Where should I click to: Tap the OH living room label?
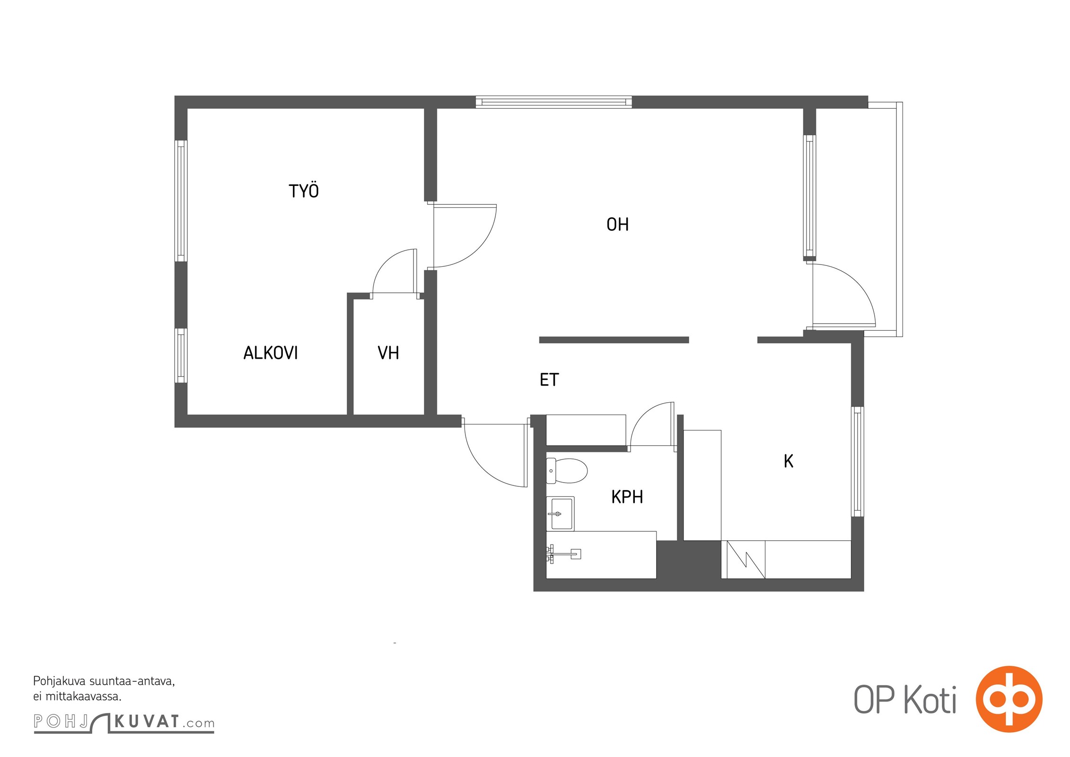[617, 224]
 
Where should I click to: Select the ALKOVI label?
[271, 353]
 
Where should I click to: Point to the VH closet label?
[388, 353]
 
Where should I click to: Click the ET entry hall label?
[549, 379]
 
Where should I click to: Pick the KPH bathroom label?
[627, 497]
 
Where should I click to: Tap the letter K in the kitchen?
[788, 461]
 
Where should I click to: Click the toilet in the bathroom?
[567, 470]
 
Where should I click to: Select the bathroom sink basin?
[561, 513]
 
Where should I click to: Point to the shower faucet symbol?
[563, 554]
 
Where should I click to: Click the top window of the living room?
[553, 102]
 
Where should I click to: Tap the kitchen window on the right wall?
[858, 461]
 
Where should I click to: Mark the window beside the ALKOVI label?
[181, 355]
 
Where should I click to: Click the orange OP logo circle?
[1009, 699]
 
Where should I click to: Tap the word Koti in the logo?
[930, 700]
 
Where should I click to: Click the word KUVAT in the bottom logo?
[147, 722]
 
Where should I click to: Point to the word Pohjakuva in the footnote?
[60, 682]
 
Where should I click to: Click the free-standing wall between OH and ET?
[614, 340]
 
